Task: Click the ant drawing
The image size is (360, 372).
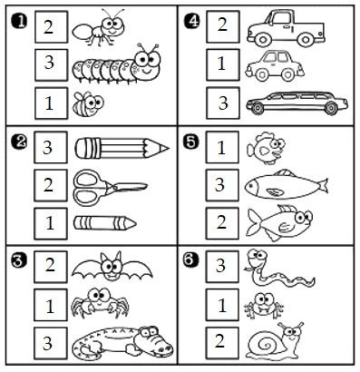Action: pyautogui.click(x=98, y=28)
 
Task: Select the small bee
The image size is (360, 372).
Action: pyautogui.click(x=88, y=104)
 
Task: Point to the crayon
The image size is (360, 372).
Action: pyautogui.click(x=105, y=223)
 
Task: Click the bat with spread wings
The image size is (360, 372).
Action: pyautogui.click(x=112, y=267)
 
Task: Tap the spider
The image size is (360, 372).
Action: pyautogui.click(x=100, y=303)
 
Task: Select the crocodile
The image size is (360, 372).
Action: pyautogui.click(x=122, y=343)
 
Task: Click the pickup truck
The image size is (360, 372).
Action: pyautogui.click(x=286, y=28)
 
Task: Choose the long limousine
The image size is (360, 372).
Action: pyautogui.click(x=297, y=103)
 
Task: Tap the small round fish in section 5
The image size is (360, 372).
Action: pyautogui.click(x=266, y=148)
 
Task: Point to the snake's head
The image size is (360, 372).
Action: pyautogui.click(x=257, y=259)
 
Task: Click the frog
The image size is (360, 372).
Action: pyautogui.click(x=264, y=305)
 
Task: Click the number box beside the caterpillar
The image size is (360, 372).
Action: pyautogui.click(x=51, y=65)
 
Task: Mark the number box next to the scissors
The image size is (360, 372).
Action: pyautogui.click(x=51, y=185)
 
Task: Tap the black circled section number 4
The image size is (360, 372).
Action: pyautogui.click(x=191, y=22)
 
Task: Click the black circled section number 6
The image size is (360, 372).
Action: pyautogui.click(x=190, y=259)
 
